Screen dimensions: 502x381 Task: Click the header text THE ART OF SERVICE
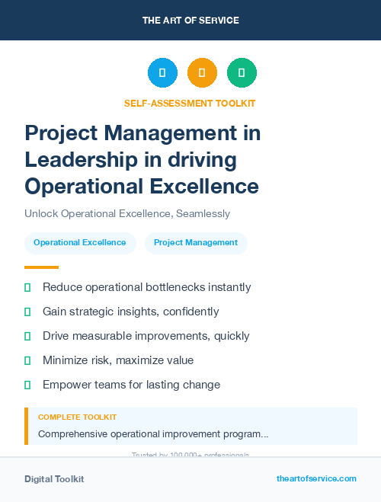[x=190, y=21]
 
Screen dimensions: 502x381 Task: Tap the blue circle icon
[x=162, y=73]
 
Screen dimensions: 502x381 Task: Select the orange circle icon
[x=202, y=73]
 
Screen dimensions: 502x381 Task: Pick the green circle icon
[x=242, y=73]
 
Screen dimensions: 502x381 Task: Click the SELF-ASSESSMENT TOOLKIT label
[x=190, y=103]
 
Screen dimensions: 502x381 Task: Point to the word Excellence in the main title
[x=207, y=185]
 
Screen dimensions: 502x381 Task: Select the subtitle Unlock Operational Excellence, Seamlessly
[x=127, y=214]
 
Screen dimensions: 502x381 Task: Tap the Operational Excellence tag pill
[x=80, y=243]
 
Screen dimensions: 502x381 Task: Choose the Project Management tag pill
[x=196, y=243]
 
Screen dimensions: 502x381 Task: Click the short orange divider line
[x=41, y=267]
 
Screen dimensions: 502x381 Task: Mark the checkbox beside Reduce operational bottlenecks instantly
[x=27, y=287]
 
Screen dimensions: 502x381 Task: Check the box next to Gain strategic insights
[x=27, y=312]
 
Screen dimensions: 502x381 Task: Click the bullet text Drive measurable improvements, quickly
[x=146, y=336]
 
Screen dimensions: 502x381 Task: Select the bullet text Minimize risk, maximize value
[x=118, y=360]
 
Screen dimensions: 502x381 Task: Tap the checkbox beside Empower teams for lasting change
[x=27, y=385]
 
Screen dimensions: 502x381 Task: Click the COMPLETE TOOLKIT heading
[x=78, y=417]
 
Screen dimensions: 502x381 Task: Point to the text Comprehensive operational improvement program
[x=153, y=434]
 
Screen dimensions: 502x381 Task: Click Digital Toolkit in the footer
[x=54, y=479]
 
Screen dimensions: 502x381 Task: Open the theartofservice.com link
[x=316, y=478]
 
